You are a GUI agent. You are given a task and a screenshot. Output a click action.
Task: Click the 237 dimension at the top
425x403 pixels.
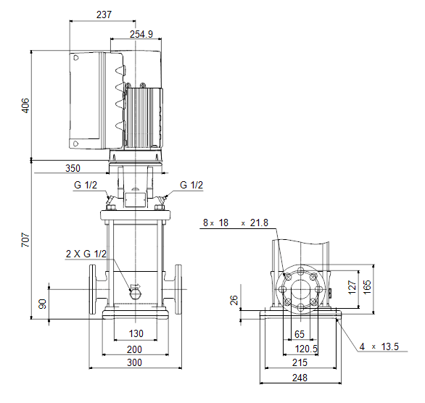(104, 14)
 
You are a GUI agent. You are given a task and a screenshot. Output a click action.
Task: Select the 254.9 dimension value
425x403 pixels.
(141, 34)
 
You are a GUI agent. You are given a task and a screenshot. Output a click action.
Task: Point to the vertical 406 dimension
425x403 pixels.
(25, 105)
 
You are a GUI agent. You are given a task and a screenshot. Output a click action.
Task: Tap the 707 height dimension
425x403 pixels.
(25, 239)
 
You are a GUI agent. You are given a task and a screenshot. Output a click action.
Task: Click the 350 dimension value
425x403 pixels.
(73, 168)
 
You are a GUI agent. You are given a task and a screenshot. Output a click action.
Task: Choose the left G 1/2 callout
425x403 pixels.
(86, 185)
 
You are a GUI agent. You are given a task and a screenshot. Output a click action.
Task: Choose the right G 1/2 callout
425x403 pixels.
(191, 185)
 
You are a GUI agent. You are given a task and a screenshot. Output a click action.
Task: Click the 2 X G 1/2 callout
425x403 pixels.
(86, 254)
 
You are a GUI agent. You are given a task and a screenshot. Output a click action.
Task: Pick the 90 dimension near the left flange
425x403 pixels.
(43, 304)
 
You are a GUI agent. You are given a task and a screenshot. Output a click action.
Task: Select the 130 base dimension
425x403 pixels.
(136, 333)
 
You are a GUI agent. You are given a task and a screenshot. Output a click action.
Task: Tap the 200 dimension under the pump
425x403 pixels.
(134, 349)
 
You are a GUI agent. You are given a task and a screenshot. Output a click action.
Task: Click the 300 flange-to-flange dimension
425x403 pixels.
(134, 362)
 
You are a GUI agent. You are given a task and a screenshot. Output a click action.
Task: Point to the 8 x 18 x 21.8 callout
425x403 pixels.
(236, 223)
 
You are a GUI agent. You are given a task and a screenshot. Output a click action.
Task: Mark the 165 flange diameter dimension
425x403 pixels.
(367, 287)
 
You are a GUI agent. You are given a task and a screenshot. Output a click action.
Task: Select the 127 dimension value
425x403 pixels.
(352, 287)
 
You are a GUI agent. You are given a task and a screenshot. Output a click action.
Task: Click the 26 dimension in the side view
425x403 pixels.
(234, 300)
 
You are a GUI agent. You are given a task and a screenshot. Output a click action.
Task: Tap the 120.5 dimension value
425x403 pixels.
(306, 349)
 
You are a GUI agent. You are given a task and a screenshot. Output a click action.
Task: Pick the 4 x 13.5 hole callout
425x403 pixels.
(379, 346)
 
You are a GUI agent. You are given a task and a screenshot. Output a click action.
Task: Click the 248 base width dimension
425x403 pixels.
(300, 378)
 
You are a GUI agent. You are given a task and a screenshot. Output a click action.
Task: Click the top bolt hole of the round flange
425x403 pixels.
(301, 270)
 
